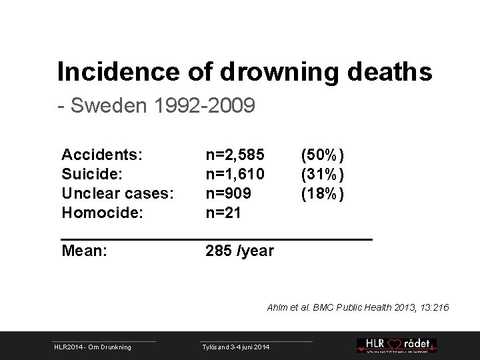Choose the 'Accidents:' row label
tap(101, 155)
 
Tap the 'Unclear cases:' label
tap(117, 194)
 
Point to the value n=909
tap(229, 194)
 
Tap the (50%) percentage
tap(322, 155)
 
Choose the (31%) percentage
tap(322, 175)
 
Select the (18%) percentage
tap(322, 194)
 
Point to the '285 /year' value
tap(239, 251)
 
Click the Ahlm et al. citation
tap(359, 307)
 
